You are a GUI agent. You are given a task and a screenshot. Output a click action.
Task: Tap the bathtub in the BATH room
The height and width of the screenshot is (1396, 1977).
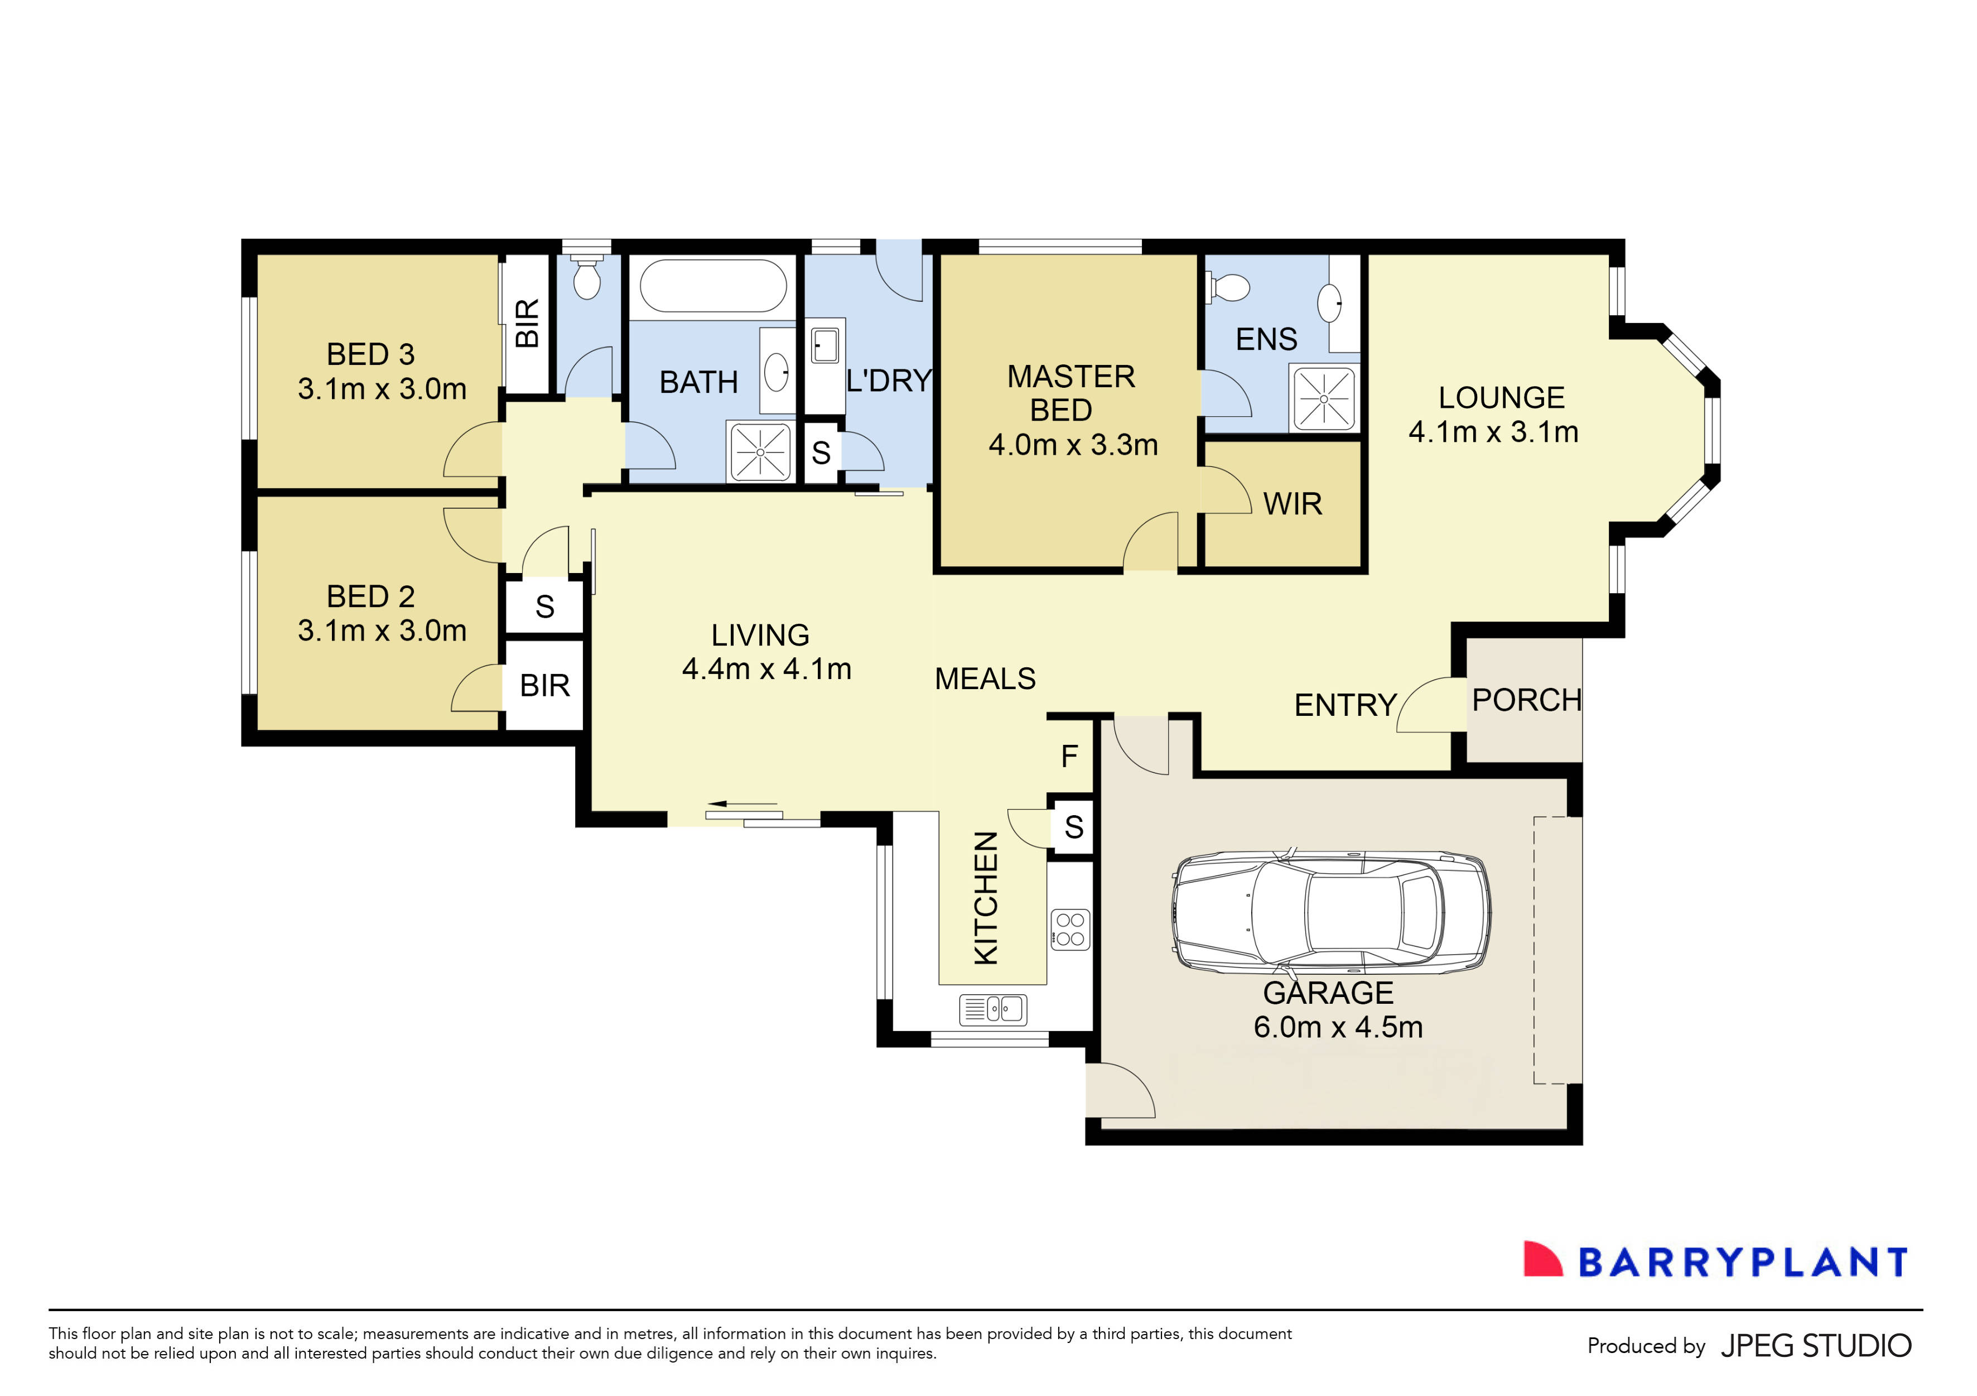(713, 286)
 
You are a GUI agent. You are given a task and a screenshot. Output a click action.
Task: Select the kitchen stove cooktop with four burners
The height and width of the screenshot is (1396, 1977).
(1071, 929)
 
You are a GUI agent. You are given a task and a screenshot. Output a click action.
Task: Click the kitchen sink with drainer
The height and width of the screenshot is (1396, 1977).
(993, 1008)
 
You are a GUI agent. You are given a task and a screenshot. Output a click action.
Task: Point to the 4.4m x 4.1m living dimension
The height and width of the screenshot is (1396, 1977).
(766, 668)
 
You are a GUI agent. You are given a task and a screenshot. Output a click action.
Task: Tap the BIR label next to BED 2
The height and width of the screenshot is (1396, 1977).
(544, 686)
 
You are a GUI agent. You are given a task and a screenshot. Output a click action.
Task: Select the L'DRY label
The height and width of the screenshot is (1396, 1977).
(889, 381)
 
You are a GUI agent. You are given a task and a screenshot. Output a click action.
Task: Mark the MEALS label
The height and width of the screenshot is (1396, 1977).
(985, 678)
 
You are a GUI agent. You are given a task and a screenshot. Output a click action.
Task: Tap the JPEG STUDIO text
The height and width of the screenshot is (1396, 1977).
(1815, 1345)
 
